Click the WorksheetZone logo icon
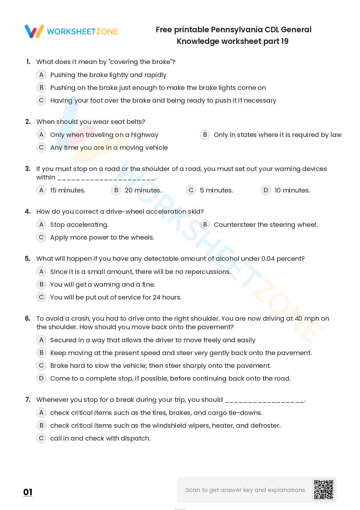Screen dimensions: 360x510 coord(34,31)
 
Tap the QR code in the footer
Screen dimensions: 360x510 coord(323,490)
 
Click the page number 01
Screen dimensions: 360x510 coord(28,492)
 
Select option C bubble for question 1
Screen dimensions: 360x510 coord(41,100)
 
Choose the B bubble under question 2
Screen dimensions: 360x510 coord(205,135)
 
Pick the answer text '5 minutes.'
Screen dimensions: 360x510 coord(216,190)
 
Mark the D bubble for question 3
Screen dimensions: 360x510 coord(266,190)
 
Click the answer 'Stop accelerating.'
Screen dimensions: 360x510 coord(79,225)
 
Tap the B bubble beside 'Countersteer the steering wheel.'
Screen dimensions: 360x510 coord(205,224)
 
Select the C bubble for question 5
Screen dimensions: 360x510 coord(41,297)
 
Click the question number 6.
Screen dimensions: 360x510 coord(28,318)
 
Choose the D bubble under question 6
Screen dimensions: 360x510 coord(41,378)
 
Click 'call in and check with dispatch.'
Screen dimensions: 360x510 coord(100,438)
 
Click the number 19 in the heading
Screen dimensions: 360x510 coord(284,41)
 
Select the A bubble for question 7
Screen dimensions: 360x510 coord(41,413)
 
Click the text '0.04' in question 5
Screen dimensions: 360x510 coord(268,259)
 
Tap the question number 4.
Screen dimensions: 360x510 coord(28,211)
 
